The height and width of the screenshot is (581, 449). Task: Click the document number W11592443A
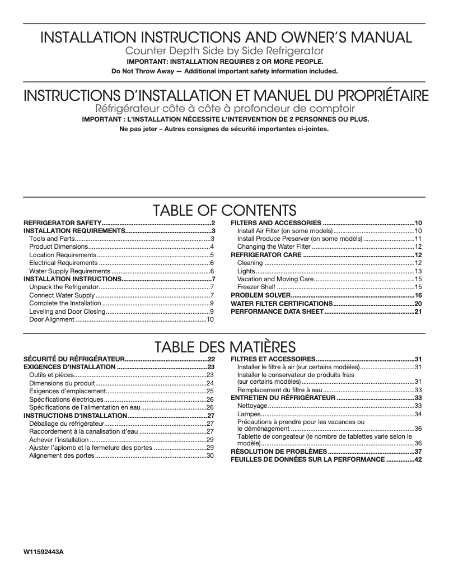44,552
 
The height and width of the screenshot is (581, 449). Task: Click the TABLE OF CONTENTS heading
224,210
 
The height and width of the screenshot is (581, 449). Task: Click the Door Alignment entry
52,319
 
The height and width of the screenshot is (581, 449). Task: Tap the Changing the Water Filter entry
274,247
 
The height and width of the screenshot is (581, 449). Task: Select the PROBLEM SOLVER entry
260,295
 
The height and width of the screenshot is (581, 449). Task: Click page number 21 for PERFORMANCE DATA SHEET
418,312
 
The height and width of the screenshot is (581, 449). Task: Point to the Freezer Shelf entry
256,287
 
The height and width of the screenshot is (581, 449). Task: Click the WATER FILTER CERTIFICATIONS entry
282,303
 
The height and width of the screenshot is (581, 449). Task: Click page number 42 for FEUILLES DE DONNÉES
418,459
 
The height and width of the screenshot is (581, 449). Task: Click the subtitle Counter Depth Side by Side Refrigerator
224,51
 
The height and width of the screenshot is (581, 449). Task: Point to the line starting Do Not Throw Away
225,71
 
